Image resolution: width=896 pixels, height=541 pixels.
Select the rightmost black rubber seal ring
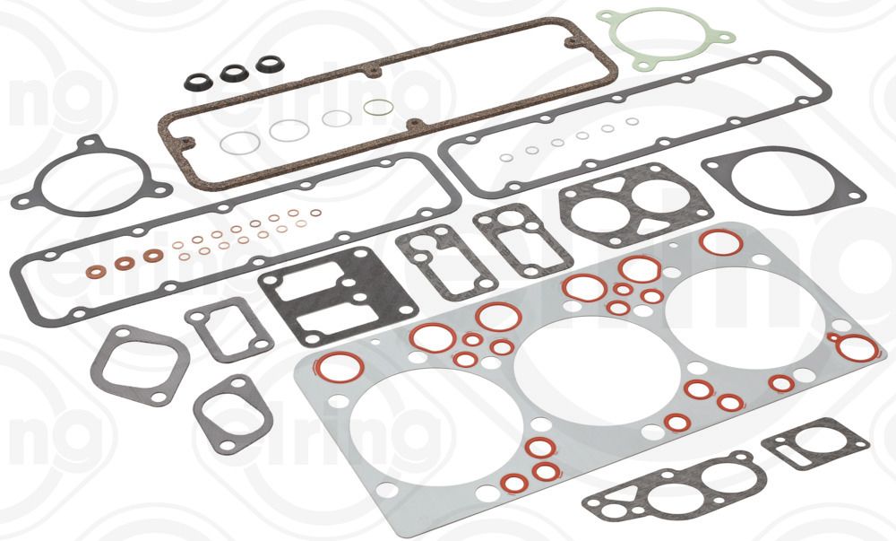[x=268, y=64]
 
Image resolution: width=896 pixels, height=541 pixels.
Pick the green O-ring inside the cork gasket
[x=376, y=109]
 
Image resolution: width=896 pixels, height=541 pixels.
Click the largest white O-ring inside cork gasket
[x=238, y=144]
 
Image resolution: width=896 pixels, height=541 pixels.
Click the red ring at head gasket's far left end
[x=340, y=367]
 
